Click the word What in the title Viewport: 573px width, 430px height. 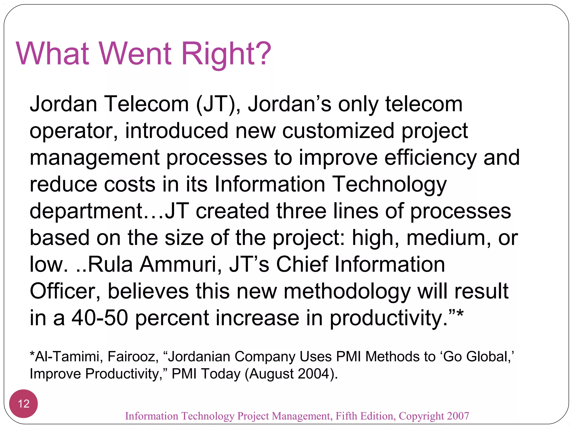(x=53, y=53)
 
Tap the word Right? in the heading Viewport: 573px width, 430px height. (x=226, y=53)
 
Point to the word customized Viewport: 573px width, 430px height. (x=338, y=131)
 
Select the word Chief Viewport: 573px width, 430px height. (x=302, y=264)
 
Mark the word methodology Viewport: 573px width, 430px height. (x=347, y=291)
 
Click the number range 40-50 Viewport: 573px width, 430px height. (x=100, y=318)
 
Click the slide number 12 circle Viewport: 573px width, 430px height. (x=24, y=404)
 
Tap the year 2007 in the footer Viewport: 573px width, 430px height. (x=458, y=416)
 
